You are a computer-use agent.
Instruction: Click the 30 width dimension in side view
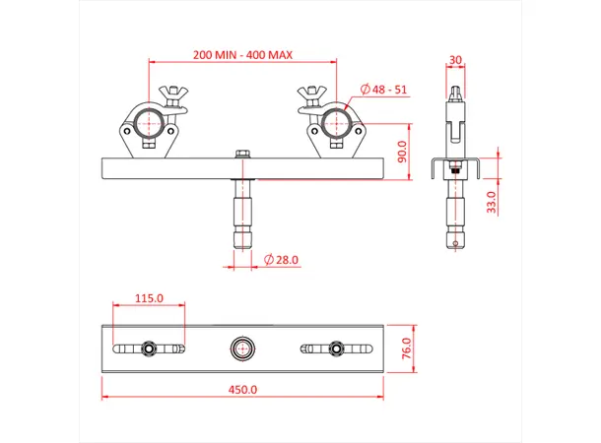[x=454, y=59]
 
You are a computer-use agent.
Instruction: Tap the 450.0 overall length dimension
[x=241, y=390]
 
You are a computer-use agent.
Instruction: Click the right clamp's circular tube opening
[x=334, y=124]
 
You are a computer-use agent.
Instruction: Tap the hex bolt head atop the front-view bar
[x=241, y=154]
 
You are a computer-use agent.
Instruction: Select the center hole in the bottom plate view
[x=241, y=348]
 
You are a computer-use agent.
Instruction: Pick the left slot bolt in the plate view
[x=148, y=348]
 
